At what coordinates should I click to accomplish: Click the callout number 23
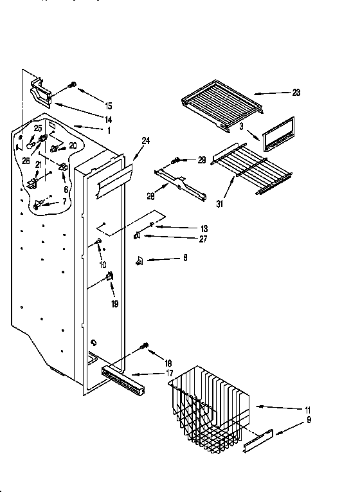[x=296, y=93]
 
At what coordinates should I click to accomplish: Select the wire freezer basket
[x=207, y=405]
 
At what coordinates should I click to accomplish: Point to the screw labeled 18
[x=145, y=347]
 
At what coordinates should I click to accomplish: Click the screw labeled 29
[x=175, y=160]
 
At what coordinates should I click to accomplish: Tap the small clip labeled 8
[x=139, y=260]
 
